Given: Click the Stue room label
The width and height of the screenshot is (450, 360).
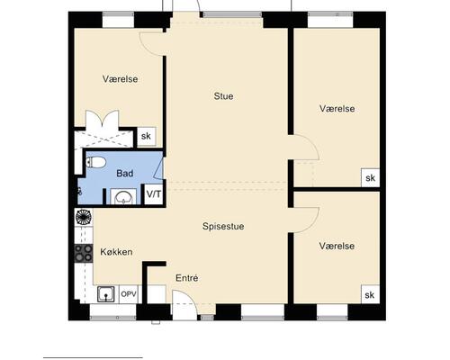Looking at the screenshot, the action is pos(223,96).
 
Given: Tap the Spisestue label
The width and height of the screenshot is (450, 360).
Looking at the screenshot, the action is pos(223,226).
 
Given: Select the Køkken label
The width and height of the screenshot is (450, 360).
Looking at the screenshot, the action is pos(116,252).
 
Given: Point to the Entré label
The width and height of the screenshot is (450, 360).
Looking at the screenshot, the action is pos(186,278).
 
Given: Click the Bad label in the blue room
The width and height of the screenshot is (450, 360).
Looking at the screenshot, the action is pos(125,174).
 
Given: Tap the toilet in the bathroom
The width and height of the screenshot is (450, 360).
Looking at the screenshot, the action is pos(96,162).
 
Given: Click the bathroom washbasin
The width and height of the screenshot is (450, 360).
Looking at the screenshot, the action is pos(123,197).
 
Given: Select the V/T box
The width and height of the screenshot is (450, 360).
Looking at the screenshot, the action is pos(154,194).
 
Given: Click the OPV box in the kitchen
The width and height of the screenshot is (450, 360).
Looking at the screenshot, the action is pos(129,294).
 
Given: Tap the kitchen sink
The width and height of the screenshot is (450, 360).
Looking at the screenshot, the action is pos(106,294).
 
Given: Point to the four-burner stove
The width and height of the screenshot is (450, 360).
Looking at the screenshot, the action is pos(84,254).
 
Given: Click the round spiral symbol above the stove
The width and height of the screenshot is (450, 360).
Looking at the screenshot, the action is pos(83,217).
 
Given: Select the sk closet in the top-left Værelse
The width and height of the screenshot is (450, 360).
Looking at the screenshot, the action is pos(147,137).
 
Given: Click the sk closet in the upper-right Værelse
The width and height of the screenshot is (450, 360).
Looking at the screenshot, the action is pos(371,178).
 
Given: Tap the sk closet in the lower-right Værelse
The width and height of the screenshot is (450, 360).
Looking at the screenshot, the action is pos(370,294).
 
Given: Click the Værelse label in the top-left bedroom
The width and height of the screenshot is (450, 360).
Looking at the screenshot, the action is pos(121,79).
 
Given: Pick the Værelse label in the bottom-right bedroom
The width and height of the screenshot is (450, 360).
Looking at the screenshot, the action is pos(337,246).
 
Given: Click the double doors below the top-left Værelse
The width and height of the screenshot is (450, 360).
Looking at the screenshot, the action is pos(103,120).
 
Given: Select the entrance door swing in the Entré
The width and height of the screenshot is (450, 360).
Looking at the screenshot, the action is pos(184,302).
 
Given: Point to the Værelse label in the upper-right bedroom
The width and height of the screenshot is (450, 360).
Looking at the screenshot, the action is pos(337,109).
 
